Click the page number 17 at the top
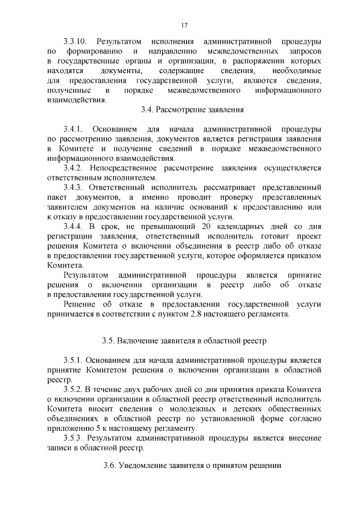coord(184,25)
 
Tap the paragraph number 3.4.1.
coord(74,129)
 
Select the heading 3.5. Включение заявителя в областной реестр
coord(184,340)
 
